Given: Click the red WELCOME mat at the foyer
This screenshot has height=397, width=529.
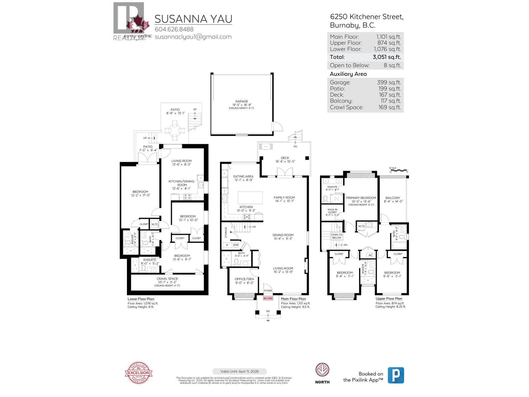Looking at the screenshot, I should click(x=268, y=298).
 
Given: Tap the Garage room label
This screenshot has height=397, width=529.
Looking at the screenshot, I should click(x=242, y=102).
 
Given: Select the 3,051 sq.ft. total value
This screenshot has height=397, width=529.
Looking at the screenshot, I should click(x=387, y=57).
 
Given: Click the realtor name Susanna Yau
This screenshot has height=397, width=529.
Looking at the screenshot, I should click(x=193, y=19).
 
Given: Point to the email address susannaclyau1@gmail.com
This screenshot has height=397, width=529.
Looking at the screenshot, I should click(x=193, y=37).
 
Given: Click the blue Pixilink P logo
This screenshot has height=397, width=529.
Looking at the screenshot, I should click(x=396, y=375).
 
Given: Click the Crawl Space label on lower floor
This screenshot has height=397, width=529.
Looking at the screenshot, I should click(x=167, y=279).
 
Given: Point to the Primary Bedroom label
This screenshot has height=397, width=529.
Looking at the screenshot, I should click(x=361, y=198).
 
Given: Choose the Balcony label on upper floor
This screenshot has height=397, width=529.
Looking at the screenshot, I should click(x=392, y=198).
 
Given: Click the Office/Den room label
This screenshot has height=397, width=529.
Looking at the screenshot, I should click(x=244, y=279).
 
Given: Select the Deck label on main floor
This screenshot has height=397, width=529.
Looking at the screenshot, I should click(x=285, y=158).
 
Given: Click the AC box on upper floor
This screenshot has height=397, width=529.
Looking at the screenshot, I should click(x=370, y=255).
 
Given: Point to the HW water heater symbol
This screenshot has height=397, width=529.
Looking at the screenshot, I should click(x=236, y=245).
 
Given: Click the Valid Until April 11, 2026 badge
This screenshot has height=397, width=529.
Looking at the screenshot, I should click(x=239, y=371).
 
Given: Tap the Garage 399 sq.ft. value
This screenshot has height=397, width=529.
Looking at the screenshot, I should click(x=389, y=82).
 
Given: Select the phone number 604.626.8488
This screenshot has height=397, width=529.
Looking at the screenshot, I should click(x=174, y=29).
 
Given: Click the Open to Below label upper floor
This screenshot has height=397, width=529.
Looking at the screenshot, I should click(x=337, y=236).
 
